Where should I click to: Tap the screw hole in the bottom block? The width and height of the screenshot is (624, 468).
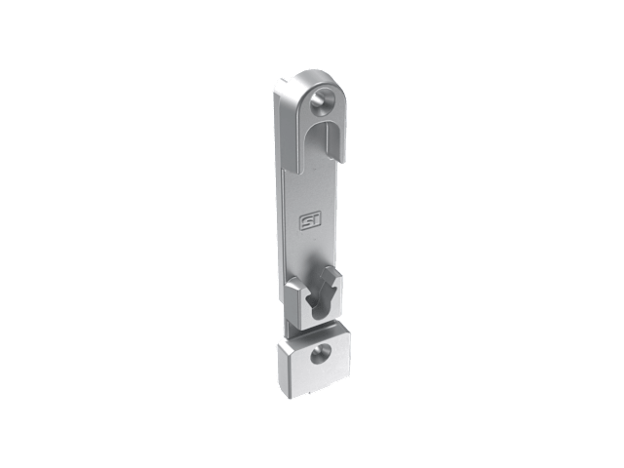320,354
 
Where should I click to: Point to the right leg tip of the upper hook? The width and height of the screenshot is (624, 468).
342,160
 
